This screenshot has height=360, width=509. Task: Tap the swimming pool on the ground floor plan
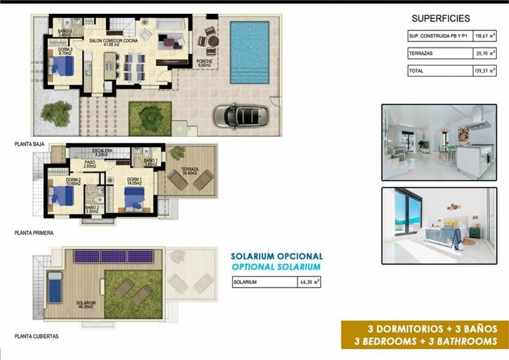tap(249, 53)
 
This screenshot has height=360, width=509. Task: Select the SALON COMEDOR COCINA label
tap(113, 41)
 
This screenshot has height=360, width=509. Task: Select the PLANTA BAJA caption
tap(31, 145)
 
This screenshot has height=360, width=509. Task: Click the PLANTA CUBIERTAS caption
tap(37, 337)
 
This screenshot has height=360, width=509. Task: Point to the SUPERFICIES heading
tap(441, 19)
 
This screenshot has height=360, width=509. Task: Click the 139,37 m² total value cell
tap(484, 71)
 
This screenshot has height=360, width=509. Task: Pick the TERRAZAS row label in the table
tap(421, 53)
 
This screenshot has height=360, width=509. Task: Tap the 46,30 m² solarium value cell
tap(309, 281)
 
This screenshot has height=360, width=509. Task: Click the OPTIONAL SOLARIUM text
tap(276, 266)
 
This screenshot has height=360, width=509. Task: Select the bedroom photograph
tap(439, 226)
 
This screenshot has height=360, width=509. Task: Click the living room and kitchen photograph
tap(439, 142)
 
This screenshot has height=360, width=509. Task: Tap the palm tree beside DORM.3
tap(57, 112)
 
